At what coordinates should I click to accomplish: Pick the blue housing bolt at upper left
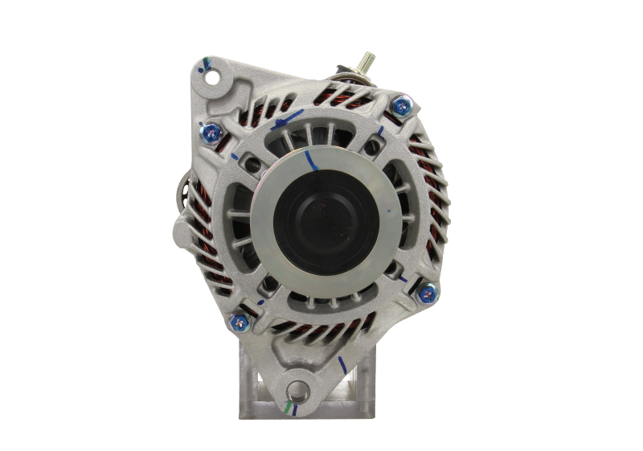(x=212, y=129)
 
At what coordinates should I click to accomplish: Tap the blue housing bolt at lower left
(x=239, y=323)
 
